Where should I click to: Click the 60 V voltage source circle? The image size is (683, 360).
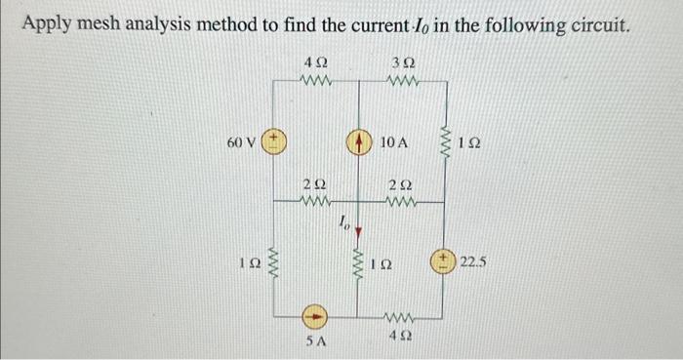275,142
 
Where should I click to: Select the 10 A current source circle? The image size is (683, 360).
359,142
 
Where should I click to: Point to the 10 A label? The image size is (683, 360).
393,143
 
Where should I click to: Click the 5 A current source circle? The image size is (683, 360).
315,317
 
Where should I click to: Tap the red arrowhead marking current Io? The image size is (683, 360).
359,232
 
